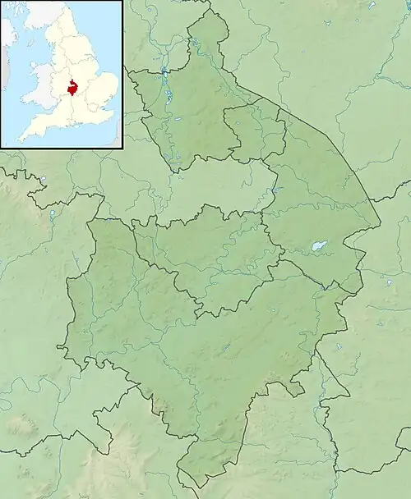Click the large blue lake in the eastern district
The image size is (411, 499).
click(x=319, y=245)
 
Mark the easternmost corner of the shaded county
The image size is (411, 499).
click(x=380, y=223)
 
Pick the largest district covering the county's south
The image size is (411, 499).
click(x=205, y=361)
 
